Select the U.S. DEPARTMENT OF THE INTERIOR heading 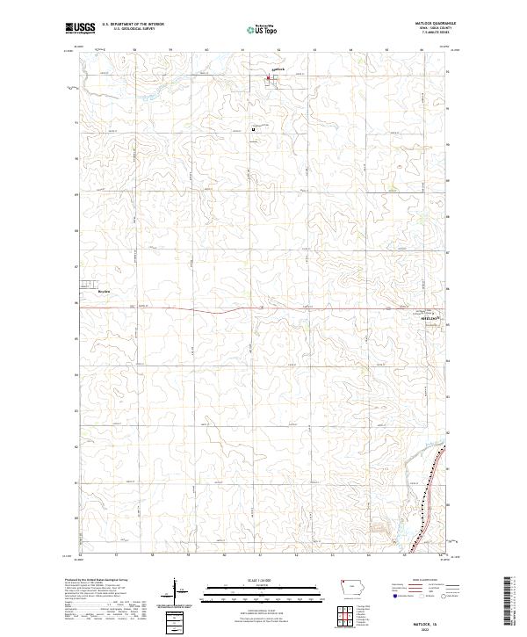(133, 25)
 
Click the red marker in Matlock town (269, 79)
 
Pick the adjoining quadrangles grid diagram (344, 616)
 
